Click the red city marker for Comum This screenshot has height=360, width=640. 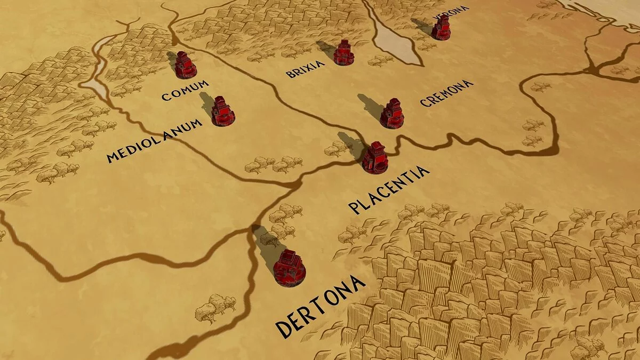click(186, 65)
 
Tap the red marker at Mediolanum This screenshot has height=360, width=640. click(223, 111)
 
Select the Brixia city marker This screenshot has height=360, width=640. click(344, 53)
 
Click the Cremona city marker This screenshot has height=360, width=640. click(392, 114)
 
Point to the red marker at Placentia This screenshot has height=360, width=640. click(375, 158)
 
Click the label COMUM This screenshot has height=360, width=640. click(185, 91)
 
